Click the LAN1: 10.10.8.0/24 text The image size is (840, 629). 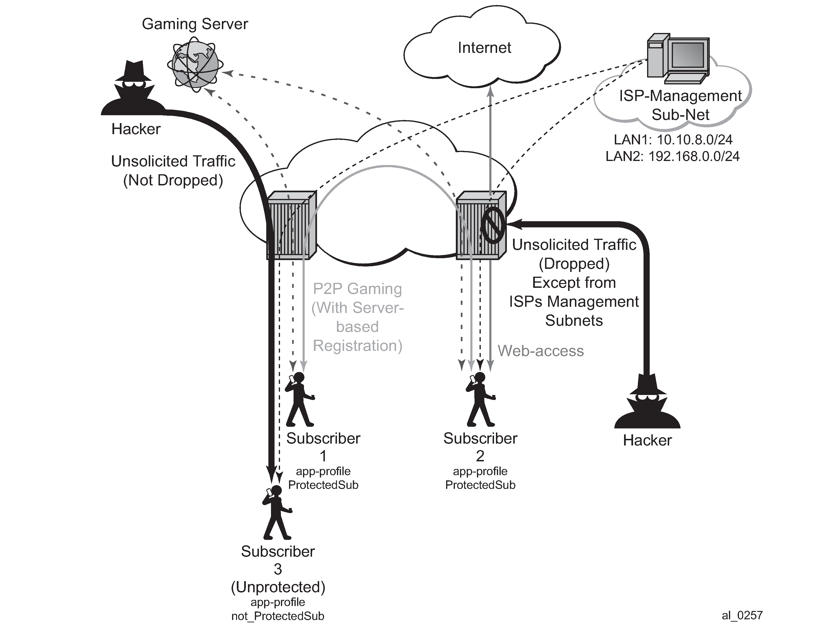[673, 140]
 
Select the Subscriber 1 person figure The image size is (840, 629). [300, 399]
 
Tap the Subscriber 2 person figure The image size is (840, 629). [480, 399]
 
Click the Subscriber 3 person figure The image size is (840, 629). [277, 512]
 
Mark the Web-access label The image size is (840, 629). [540, 351]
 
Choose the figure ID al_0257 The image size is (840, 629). [742, 615]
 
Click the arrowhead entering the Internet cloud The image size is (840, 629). [490, 91]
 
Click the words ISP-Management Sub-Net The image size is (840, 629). [680, 105]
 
